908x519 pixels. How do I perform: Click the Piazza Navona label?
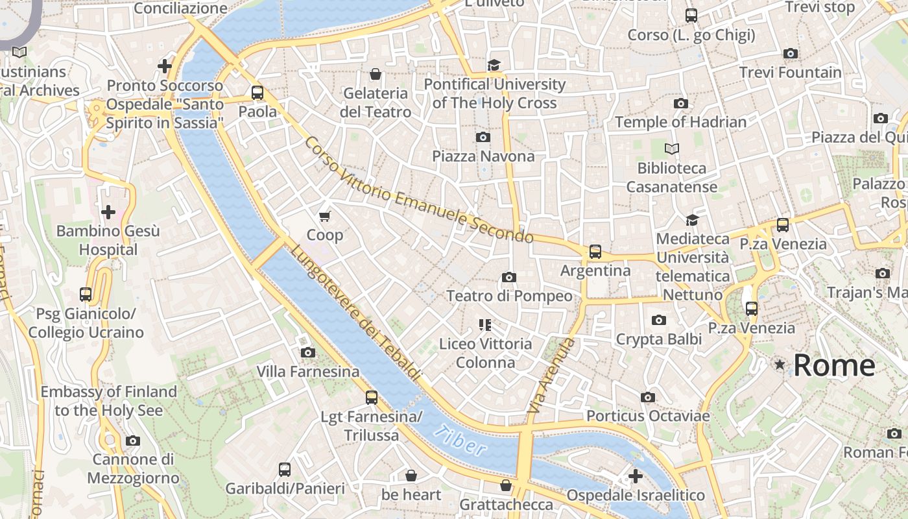tap(483, 156)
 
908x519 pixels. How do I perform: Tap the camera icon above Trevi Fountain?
tap(790, 53)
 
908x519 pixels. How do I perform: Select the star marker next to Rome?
tap(780, 365)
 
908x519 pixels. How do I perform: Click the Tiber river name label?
tap(460, 441)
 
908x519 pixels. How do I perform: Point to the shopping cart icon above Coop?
tap(325, 215)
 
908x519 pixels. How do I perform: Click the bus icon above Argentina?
tap(595, 252)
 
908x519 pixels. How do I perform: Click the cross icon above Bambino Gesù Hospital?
tap(108, 211)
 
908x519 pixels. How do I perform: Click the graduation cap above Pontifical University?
tap(494, 65)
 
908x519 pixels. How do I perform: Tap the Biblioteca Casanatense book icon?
tap(672, 149)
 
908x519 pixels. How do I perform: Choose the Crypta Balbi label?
tap(658, 339)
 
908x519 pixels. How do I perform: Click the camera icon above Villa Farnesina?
tap(308, 352)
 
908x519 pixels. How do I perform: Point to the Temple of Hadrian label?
tap(680, 122)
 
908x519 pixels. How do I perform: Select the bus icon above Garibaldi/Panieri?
tap(285, 470)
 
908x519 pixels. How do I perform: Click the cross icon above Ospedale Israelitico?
tap(636, 476)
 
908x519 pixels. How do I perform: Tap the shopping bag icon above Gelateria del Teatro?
tap(375, 74)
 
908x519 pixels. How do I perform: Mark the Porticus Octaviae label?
tap(647, 416)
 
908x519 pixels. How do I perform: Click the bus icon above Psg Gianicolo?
tap(86, 295)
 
